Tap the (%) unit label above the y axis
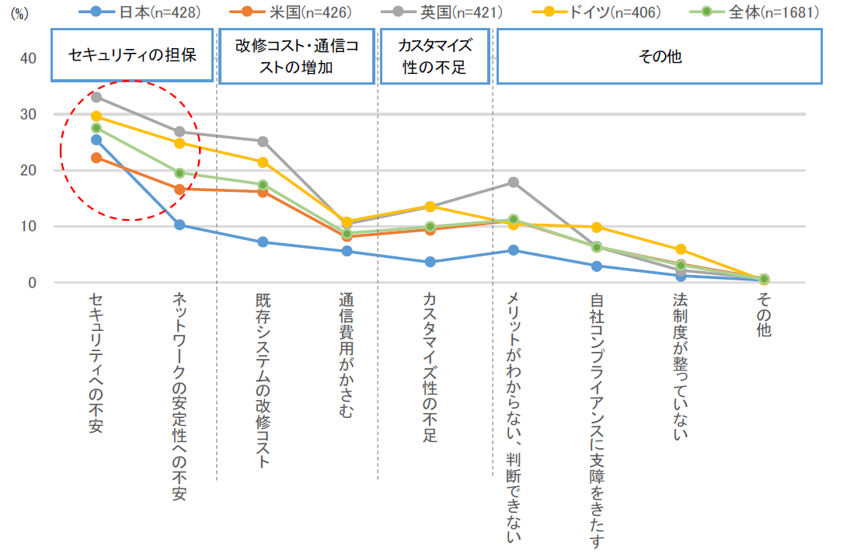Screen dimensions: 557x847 pyautogui.click(x=19, y=14)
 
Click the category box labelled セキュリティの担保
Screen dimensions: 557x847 pyautogui.click(x=132, y=56)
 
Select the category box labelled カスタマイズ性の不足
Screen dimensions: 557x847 pyautogui.click(x=434, y=56)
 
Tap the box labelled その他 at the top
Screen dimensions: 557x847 pyautogui.click(x=659, y=56)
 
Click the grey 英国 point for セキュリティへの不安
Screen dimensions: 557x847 pyautogui.click(x=96, y=97)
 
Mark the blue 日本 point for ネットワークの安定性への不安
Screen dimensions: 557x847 pyautogui.click(x=180, y=225)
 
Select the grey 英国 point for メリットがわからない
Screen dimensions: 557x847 pyautogui.click(x=513, y=183)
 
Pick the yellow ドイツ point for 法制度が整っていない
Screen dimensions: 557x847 pyautogui.click(x=681, y=249)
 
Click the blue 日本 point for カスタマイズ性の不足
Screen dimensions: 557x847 pyautogui.click(x=430, y=262)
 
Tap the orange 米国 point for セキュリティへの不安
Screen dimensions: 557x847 pyautogui.click(x=96, y=158)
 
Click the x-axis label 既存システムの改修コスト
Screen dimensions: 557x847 pyautogui.click(x=263, y=381)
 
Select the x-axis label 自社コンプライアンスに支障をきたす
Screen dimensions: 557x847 pyautogui.click(x=597, y=419)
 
